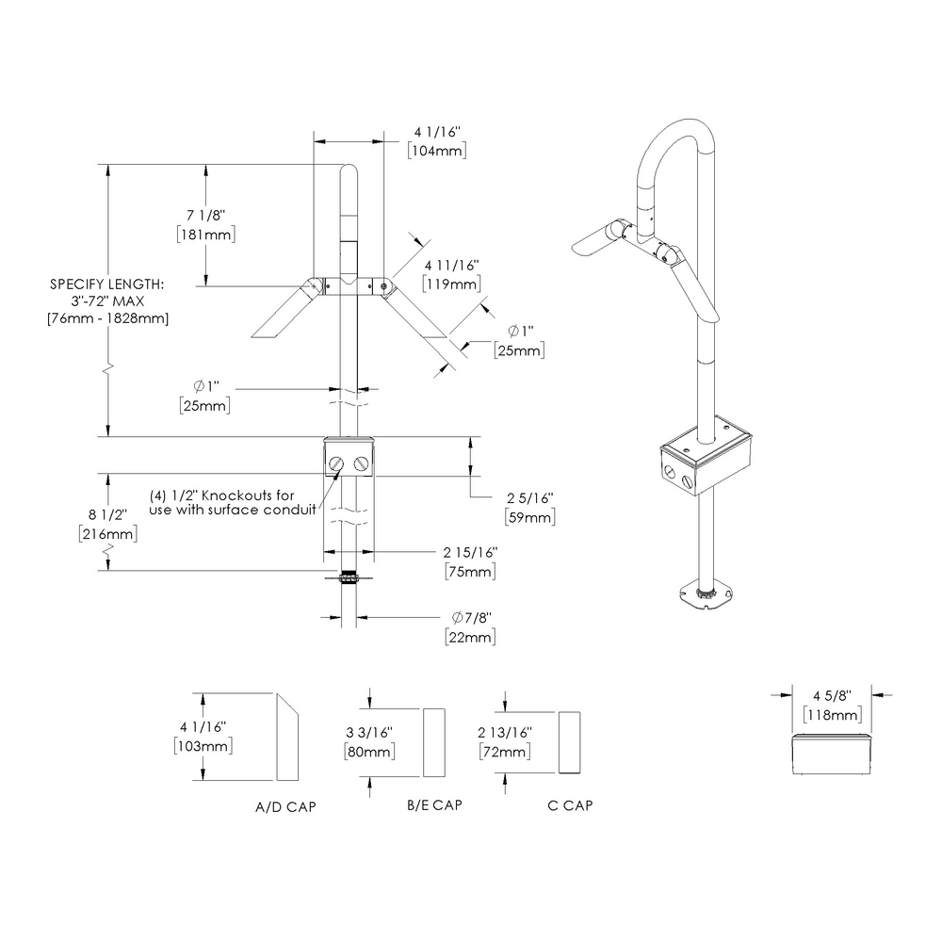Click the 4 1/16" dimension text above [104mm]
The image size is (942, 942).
click(435, 133)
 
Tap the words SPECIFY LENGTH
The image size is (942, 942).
click(106, 284)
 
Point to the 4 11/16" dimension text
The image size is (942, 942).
click(452, 265)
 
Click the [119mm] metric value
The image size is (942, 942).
click(452, 284)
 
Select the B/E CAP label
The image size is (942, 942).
click(433, 805)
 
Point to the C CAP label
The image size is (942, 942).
click(570, 805)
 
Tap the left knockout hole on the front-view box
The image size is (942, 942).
click(337, 463)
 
